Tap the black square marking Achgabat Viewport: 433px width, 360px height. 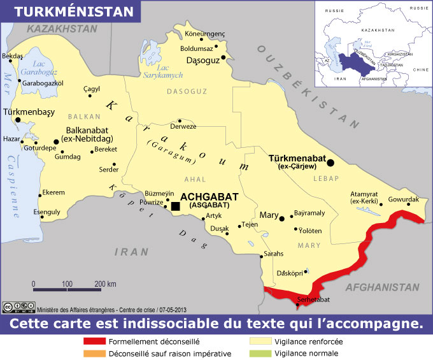coord(175,206)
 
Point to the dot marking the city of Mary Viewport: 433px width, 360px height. coord(281,218)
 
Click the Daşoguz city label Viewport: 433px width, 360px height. coord(203,60)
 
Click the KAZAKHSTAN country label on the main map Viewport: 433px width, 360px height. coord(57,29)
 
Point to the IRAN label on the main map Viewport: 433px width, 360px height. coord(131,252)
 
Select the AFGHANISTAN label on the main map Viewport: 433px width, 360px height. coord(382,287)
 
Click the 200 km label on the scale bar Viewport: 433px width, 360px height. coord(105,283)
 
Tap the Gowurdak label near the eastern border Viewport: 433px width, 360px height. coord(403,199)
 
